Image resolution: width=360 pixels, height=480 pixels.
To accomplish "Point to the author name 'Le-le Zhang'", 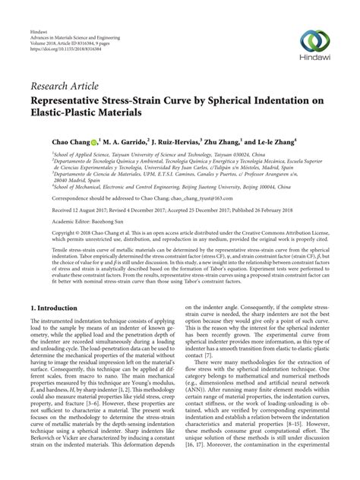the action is pyautogui.click(x=289, y=141).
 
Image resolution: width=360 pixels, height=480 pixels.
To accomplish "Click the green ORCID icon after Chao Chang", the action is pyautogui.click(x=95, y=142).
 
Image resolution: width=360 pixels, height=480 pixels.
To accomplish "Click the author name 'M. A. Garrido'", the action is pyautogui.click(x=127, y=141).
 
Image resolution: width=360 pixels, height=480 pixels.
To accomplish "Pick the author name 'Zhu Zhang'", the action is pyautogui.click(x=237, y=141).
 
